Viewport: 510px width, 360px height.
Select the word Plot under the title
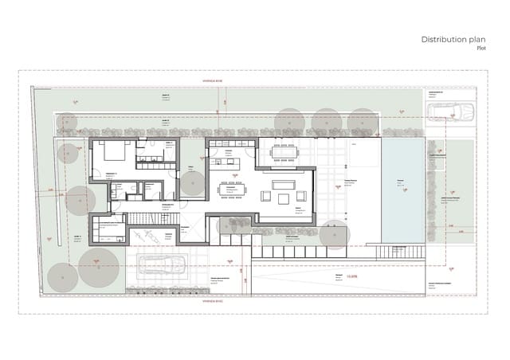[481, 48]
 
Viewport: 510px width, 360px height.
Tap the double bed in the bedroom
[111, 151]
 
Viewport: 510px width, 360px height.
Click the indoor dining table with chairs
[234, 190]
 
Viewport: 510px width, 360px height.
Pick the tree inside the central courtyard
[192, 184]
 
